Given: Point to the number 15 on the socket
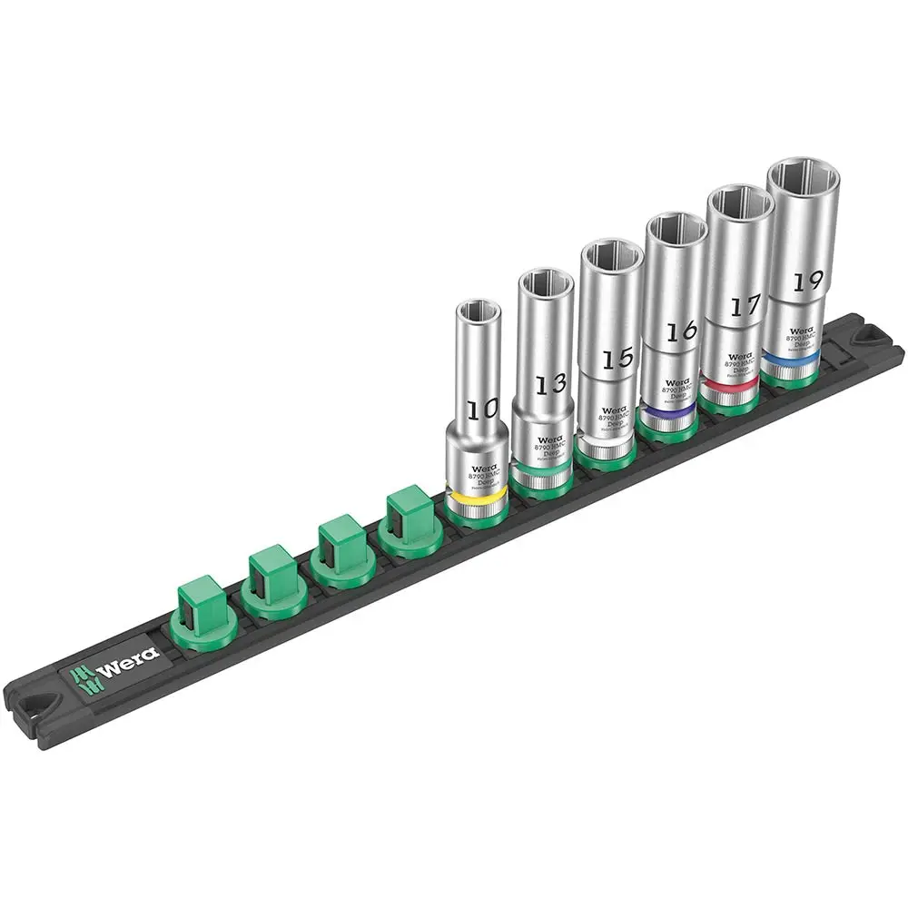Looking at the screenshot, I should click(x=617, y=358).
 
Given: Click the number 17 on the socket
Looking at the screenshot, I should click(x=744, y=306).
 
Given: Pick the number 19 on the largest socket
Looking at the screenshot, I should click(x=802, y=281).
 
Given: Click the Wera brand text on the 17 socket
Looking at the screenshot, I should click(x=740, y=356).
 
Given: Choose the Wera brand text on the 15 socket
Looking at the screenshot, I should click(x=614, y=409).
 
